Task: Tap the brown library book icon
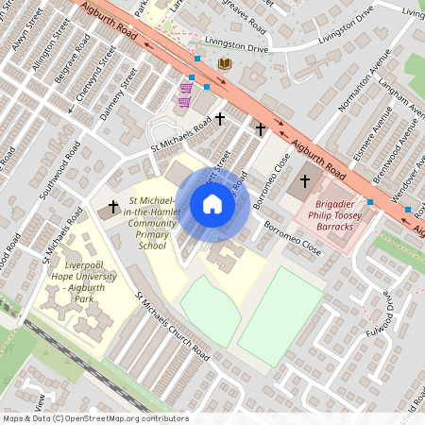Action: [225, 64]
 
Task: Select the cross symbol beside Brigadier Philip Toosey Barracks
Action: [304, 180]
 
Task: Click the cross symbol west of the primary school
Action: [113, 206]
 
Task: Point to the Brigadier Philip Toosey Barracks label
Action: [328, 214]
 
